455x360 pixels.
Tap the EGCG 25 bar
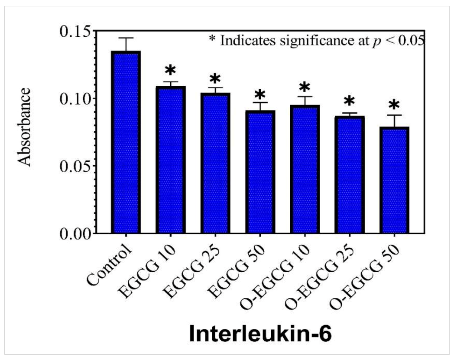pyautogui.click(x=215, y=163)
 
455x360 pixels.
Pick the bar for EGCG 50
pyautogui.click(x=260, y=172)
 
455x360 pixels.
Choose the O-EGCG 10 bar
pyautogui.click(x=304, y=170)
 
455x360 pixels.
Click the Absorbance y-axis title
pyautogui.click(x=25, y=127)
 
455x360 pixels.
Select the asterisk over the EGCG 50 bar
pyautogui.click(x=260, y=95)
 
